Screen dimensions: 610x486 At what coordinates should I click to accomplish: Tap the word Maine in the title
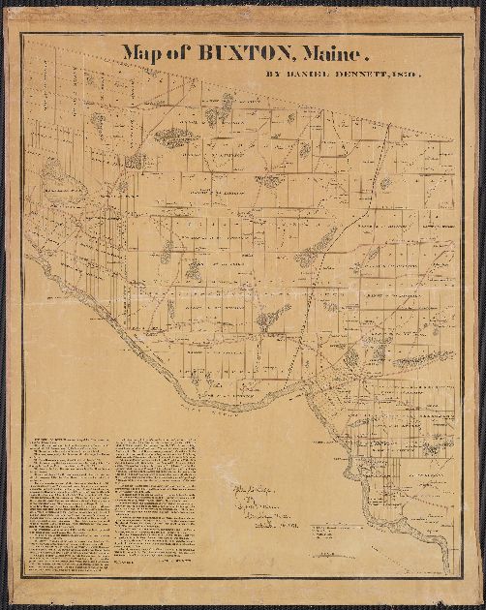click(326, 54)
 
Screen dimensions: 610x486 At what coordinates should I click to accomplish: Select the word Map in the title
click(140, 54)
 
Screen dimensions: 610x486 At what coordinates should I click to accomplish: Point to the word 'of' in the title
click(177, 54)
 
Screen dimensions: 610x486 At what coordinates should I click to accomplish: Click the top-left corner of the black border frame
click(21, 34)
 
